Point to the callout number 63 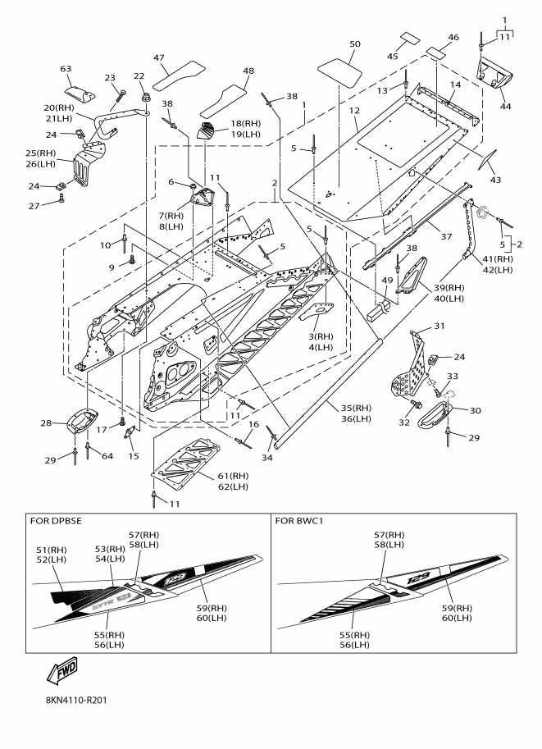point(66,69)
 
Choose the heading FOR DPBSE point(61,520)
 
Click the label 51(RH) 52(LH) point(52,555)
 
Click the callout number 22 point(139,76)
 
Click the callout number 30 point(475,409)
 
